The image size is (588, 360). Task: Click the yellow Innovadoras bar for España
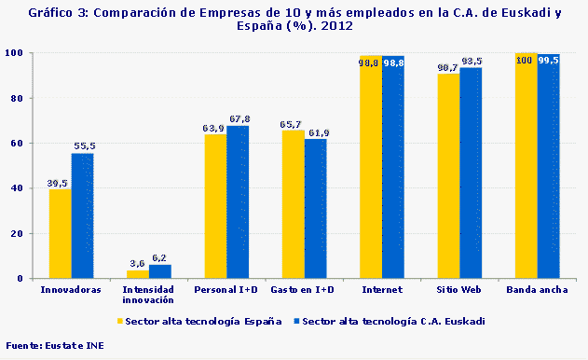pos(60,233)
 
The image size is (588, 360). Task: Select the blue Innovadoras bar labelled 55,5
pos(82,215)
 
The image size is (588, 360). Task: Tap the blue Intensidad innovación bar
pos(160,271)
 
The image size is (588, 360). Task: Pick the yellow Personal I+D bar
pos(215,206)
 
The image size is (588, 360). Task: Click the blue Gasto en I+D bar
pos(316,209)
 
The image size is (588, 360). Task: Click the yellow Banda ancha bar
pos(526,168)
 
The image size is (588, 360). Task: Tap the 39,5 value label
pos(59,184)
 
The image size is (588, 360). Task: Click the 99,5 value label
pos(549,60)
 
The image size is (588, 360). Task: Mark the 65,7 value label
pos(293,124)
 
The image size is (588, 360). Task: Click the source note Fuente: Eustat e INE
pos(51,346)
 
